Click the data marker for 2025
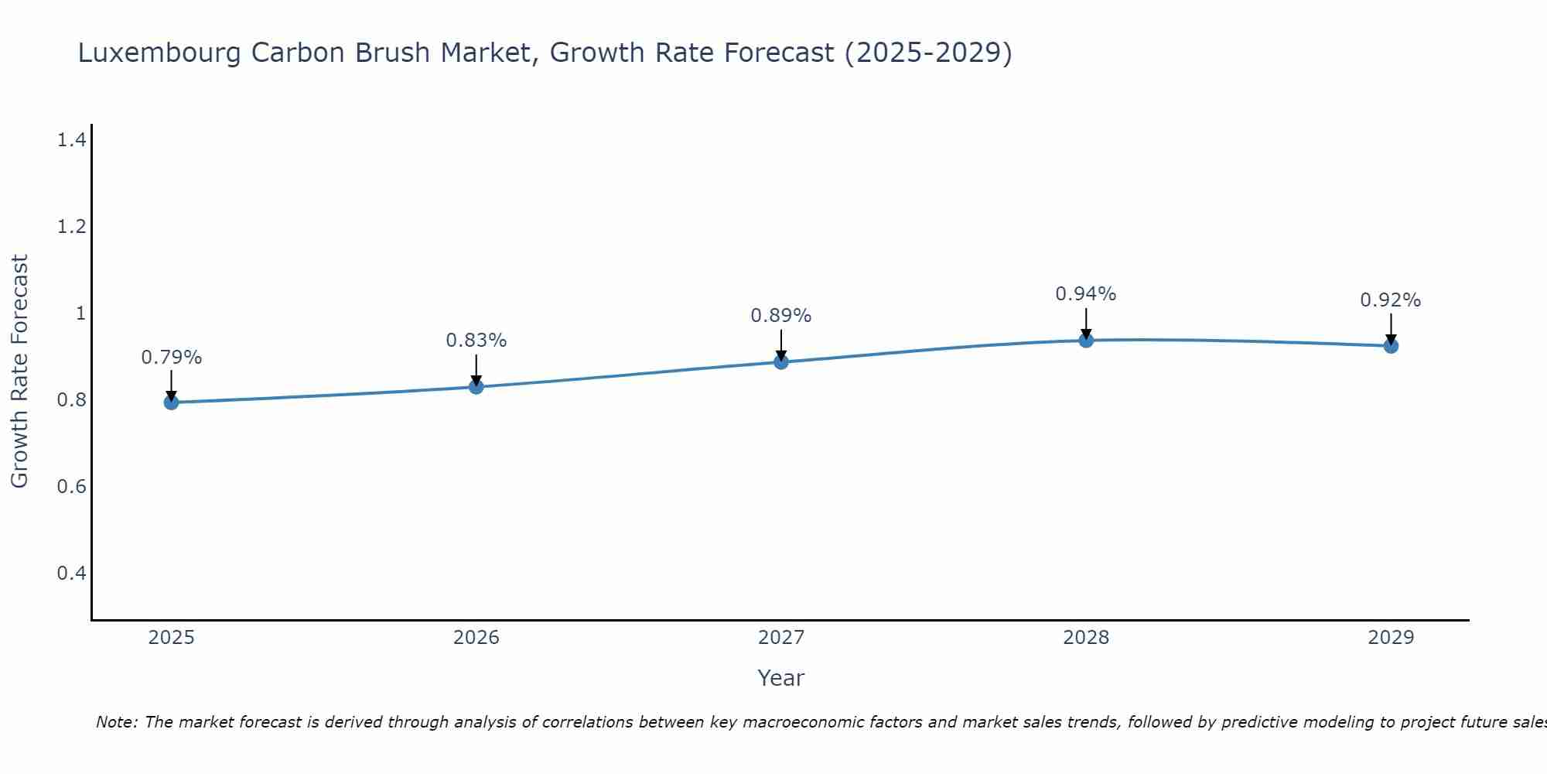pyautogui.click(x=171, y=402)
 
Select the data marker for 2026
pyautogui.click(x=476, y=386)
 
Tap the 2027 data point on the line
pyautogui.click(x=781, y=361)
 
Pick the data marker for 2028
pyautogui.click(x=1086, y=340)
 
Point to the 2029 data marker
pyautogui.click(x=1391, y=346)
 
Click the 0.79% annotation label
pyautogui.click(x=171, y=358)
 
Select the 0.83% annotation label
pyautogui.click(x=476, y=341)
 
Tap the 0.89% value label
pyautogui.click(x=781, y=316)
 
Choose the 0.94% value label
pyautogui.click(x=1086, y=294)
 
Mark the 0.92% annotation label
pyautogui.click(x=1391, y=300)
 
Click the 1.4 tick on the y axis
pyautogui.click(x=71, y=140)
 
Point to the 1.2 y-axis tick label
pyautogui.click(x=71, y=227)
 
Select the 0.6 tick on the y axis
pyautogui.click(x=71, y=487)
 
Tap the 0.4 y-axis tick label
pyautogui.click(x=71, y=574)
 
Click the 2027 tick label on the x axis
pyautogui.click(x=781, y=638)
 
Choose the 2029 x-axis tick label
pyautogui.click(x=1391, y=638)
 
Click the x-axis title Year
pyautogui.click(x=781, y=678)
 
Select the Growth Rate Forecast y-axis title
pyautogui.click(x=19, y=372)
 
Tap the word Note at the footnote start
pyautogui.click(x=115, y=722)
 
